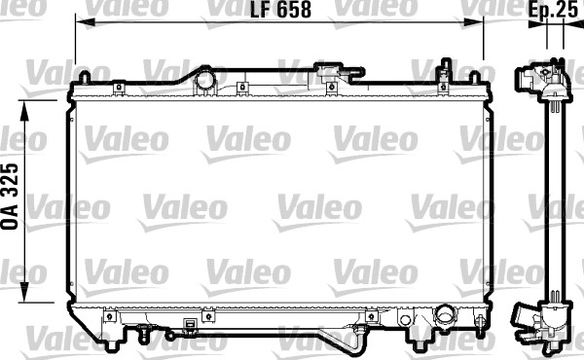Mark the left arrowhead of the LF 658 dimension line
coord(80,26)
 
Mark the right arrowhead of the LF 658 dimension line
coord(479,26)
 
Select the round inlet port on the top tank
coord(205,80)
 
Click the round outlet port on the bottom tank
coord(445,317)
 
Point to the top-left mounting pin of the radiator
coord(85,77)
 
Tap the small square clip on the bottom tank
coord(206,317)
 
